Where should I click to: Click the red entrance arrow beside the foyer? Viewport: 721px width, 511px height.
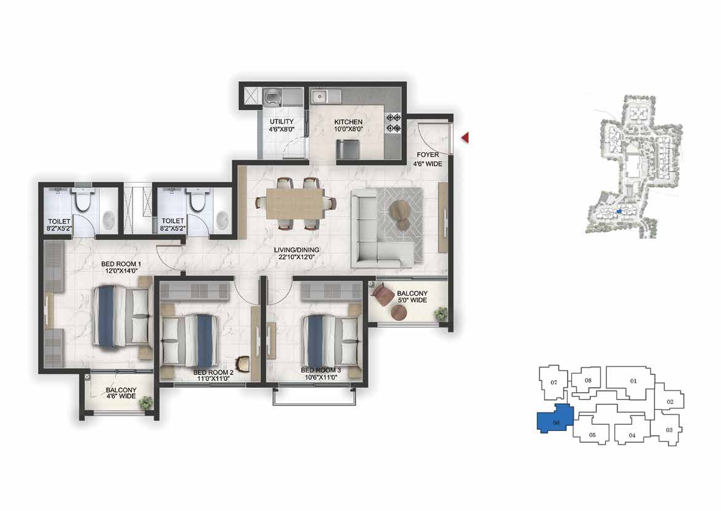tap(465, 137)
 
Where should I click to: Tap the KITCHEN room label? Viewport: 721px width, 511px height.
tap(348, 122)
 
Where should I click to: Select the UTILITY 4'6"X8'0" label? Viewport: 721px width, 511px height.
tap(282, 126)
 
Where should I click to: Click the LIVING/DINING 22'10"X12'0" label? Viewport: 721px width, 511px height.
tap(296, 254)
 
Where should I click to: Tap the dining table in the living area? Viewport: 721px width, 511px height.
tap(295, 204)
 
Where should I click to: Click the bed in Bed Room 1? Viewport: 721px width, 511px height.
tap(122, 316)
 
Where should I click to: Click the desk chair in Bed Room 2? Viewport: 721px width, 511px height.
tap(243, 364)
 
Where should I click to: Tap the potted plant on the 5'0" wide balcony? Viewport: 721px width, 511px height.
tap(441, 313)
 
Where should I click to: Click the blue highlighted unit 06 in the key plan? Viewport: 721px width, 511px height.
tap(555, 419)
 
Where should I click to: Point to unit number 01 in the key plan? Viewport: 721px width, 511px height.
tap(633, 381)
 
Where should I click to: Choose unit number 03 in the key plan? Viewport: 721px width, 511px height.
tap(669, 430)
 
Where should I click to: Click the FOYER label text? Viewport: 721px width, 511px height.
tap(428, 155)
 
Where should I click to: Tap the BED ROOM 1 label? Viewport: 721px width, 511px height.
tap(121, 264)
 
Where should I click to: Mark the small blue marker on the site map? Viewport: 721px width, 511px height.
tap(619, 212)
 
